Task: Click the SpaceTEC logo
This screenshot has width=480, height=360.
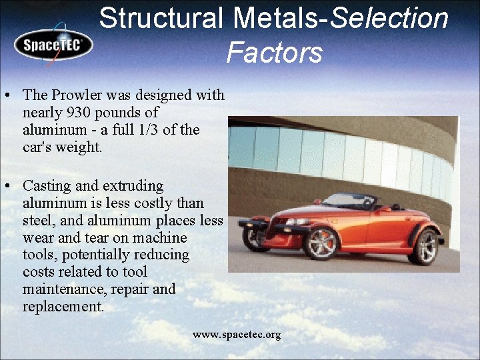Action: pyautogui.click(x=53, y=44)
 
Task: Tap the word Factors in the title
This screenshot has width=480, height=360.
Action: pyautogui.click(x=274, y=52)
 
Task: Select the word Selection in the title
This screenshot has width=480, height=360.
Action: pyautogui.click(x=389, y=18)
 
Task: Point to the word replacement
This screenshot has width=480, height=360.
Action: pyautogui.click(x=63, y=307)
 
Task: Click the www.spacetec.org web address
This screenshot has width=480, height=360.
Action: pyautogui.click(x=237, y=335)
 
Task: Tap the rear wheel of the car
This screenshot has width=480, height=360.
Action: pyautogui.click(x=424, y=247)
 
